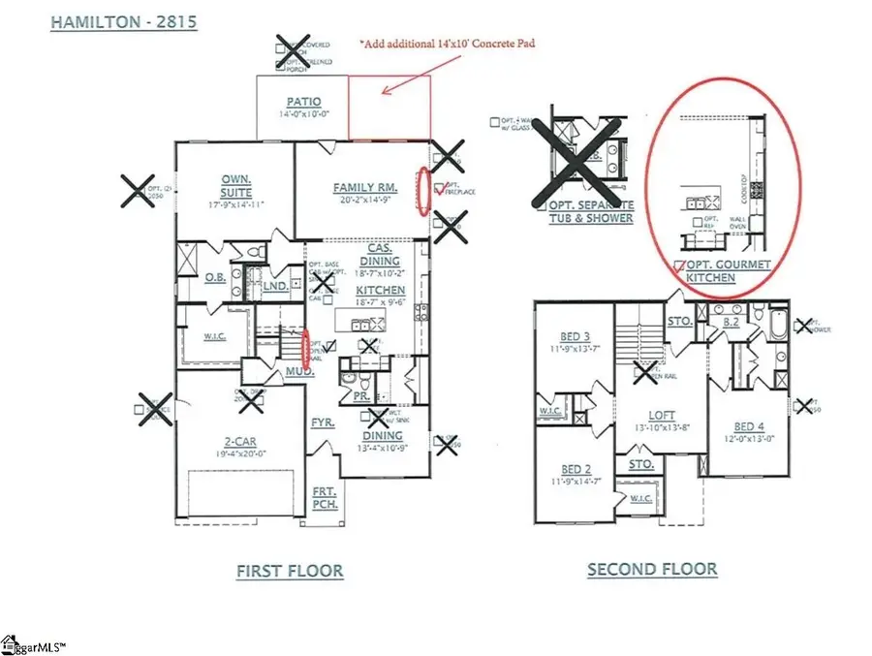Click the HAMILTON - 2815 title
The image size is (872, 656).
[124, 20]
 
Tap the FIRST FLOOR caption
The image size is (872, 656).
[290, 571]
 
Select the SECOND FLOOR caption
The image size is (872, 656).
[652, 569]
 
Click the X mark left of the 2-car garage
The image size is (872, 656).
[155, 407]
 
